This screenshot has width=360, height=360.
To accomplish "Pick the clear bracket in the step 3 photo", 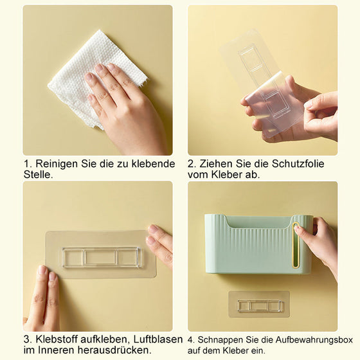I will (101, 257).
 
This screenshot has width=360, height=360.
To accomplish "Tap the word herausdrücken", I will (113, 350).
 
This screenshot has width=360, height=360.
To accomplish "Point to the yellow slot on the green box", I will (296, 244).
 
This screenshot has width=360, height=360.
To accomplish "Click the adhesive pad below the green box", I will (259, 305).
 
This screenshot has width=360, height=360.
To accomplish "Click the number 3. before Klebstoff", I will (28, 339).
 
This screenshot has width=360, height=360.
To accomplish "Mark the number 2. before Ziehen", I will (193, 164).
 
